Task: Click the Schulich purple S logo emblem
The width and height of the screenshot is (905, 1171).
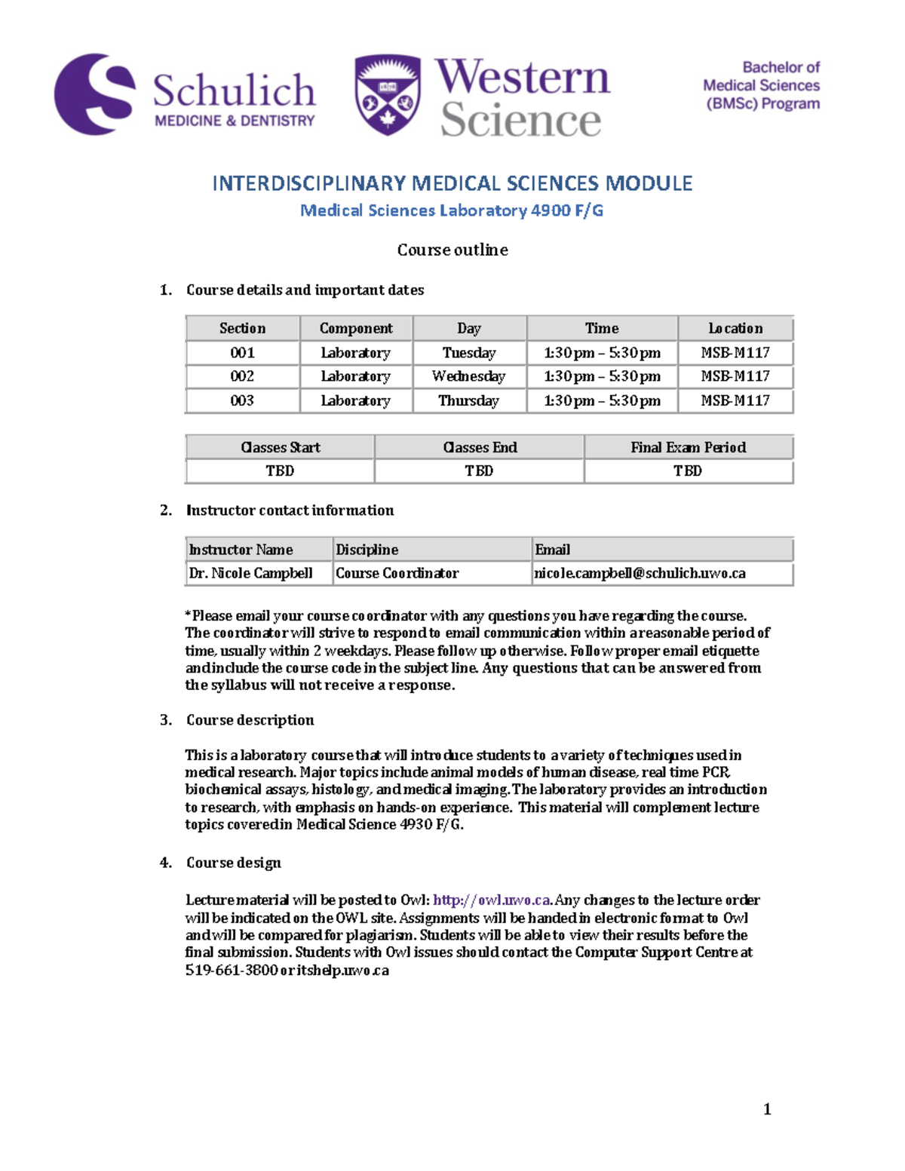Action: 94,94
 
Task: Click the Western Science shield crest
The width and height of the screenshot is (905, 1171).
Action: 388,95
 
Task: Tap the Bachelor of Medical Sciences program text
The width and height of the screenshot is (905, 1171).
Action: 761,86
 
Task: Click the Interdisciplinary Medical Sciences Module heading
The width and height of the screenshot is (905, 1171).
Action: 452,183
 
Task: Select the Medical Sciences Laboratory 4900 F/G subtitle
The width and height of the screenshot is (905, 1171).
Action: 452,210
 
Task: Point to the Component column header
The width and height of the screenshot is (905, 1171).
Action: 356,328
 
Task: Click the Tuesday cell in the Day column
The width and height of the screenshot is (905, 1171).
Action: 469,353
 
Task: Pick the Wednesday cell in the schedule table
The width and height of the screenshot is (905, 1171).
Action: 469,376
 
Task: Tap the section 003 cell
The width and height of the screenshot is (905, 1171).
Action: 242,400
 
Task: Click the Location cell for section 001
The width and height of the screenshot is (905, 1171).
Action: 735,353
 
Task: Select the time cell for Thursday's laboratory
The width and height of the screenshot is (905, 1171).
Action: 602,400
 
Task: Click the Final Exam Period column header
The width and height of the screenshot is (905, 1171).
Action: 688,447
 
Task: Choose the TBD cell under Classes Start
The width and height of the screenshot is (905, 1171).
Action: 280,471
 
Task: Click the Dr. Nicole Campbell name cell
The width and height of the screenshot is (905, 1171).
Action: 251,573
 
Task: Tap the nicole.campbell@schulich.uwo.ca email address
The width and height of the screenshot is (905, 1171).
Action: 640,573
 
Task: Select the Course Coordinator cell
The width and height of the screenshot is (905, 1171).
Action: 397,573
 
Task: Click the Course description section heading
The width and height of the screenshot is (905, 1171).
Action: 250,720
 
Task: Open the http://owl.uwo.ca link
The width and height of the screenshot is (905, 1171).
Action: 492,900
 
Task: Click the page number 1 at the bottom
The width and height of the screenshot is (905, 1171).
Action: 767,1108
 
